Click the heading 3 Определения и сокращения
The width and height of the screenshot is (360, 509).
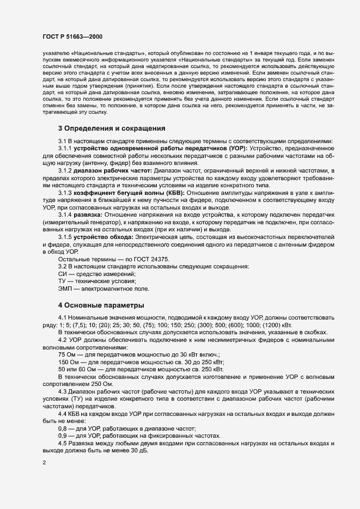coord(108,128)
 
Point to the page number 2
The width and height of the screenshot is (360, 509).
coord(44,463)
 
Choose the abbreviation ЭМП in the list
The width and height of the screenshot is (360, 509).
coord(65,289)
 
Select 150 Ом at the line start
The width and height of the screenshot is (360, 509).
coord(69,362)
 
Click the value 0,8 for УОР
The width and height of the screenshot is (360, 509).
coord(63,421)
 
